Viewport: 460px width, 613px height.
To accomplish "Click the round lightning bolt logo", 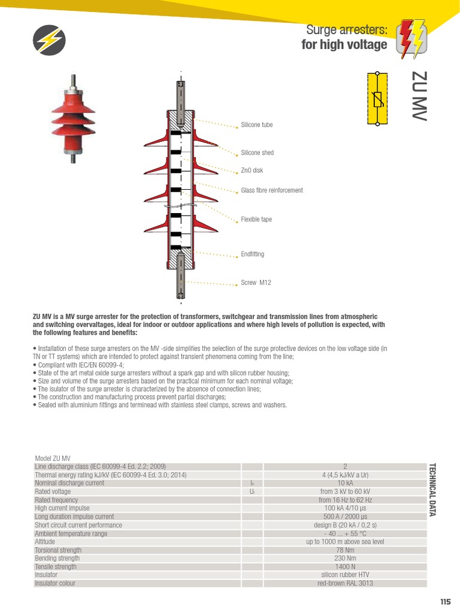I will click(x=49, y=41).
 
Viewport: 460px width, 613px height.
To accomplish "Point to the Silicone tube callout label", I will click(x=256, y=125).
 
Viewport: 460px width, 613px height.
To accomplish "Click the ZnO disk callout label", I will click(x=252, y=171).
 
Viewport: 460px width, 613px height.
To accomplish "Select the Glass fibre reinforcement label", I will click(x=271, y=190).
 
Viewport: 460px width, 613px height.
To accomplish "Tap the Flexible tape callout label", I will click(x=256, y=220).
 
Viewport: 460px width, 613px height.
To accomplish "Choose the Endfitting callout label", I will click(x=252, y=254).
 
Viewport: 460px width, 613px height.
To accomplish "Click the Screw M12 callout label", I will click(x=256, y=283).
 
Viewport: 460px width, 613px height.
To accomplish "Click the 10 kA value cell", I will click(x=345, y=483).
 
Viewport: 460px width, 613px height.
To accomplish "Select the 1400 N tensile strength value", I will click(x=345, y=566).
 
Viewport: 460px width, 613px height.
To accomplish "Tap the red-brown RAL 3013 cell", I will click(x=345, y=583).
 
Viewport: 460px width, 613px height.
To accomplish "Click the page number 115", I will click(x=444, y=602).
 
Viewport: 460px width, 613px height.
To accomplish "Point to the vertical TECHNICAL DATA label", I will click(x=432, y=489).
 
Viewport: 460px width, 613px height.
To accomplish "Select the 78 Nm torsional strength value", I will click(x=345, y=550).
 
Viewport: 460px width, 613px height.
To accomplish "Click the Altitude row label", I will click(x=45, y=541).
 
